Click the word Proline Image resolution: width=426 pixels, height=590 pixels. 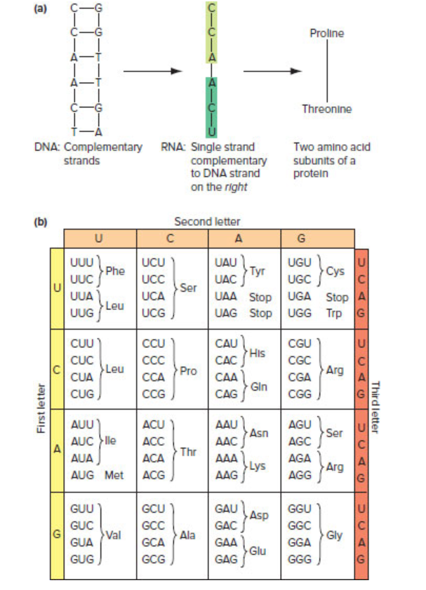tap(326, 33)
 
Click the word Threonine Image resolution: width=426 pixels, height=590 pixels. tap(326, 109)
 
